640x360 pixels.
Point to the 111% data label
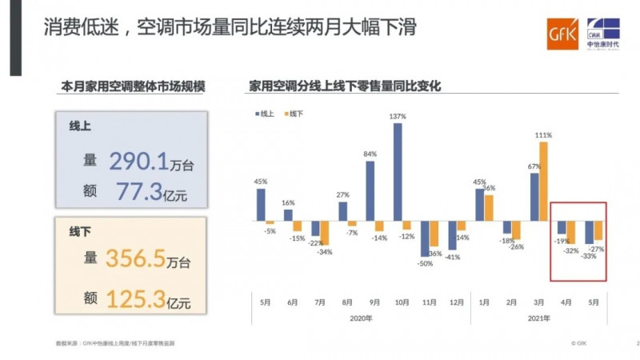pos(544,134)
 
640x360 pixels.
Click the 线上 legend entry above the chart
pos(264,114)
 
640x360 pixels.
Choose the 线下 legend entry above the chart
pos(293,114)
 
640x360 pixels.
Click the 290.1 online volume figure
pos(138,162)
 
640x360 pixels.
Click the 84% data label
pos(370,154)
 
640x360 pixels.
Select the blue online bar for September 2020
pos(370,190)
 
